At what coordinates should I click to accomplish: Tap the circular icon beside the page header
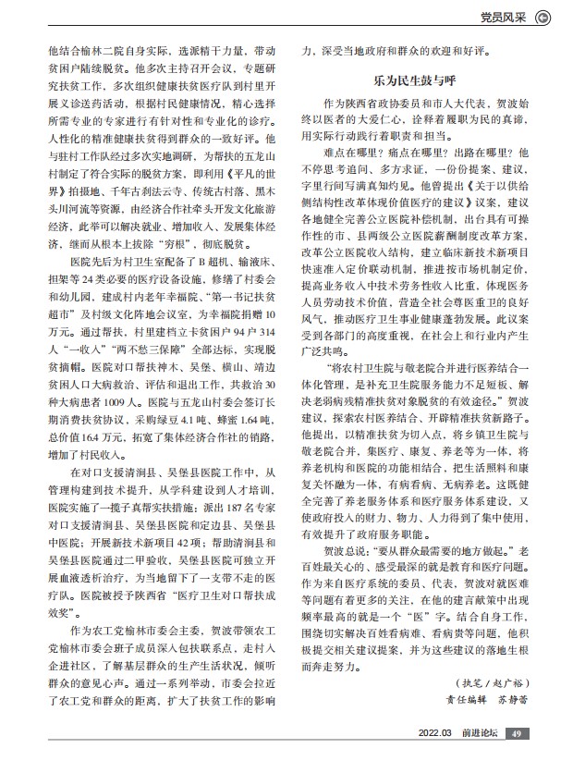pos(545,16)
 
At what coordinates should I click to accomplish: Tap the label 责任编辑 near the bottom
pos(461,727)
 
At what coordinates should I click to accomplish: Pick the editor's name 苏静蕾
pos(514,727)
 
